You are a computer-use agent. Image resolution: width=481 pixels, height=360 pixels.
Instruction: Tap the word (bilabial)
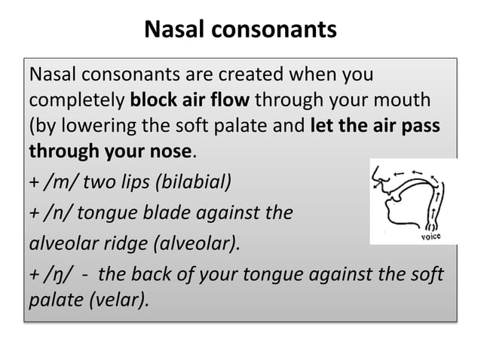[x=192, y=182]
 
